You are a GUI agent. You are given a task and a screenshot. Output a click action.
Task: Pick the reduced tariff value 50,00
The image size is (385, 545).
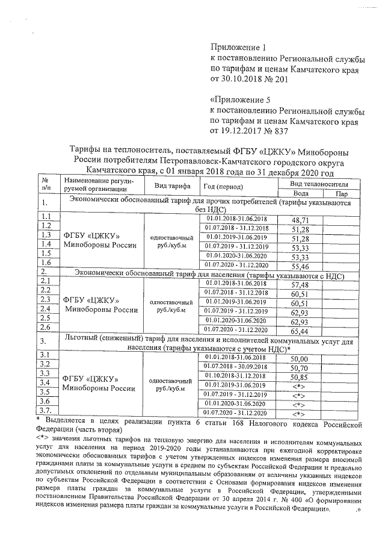point(299,359)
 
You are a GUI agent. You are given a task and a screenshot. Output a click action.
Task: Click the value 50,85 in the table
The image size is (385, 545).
point(299,377)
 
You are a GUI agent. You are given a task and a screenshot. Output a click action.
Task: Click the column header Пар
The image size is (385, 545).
point(343,194)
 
